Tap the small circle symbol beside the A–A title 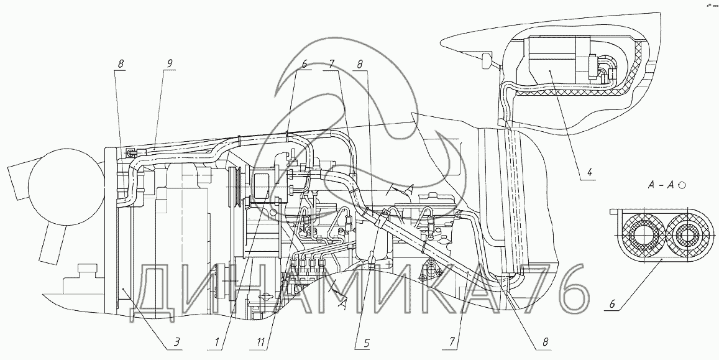(x=682, y=185)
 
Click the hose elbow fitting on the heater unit (x=605, y=68)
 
